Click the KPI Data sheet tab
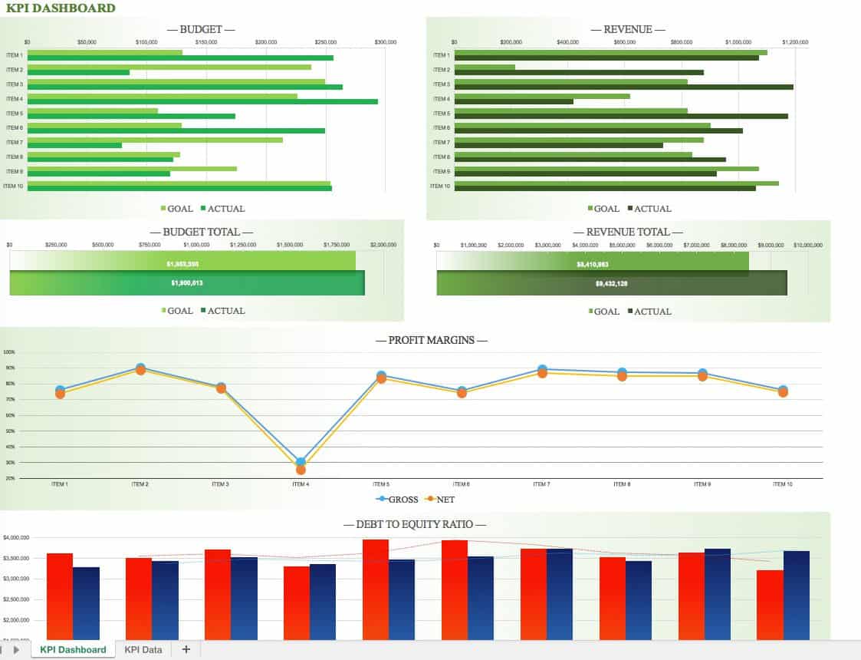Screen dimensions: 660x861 coord(143,650)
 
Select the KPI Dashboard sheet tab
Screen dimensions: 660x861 coord(73,650)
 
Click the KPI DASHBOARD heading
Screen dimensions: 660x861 coord(58,8)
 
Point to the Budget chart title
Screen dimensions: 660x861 coord(201,30)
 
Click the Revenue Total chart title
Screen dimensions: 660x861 coord(628,232)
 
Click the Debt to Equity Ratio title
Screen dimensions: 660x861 coord(415,525)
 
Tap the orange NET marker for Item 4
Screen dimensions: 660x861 coord(301,470)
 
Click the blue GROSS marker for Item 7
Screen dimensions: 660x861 coord(542,369)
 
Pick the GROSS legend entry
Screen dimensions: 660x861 coord(397,500)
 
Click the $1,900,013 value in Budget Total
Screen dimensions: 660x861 coord(187,283)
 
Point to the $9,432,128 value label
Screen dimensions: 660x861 coord(612,284)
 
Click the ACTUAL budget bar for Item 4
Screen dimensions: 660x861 coord(202,101)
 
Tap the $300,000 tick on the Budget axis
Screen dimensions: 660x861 coord(386,42)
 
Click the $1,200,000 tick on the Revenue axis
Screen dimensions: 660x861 coord(795,42)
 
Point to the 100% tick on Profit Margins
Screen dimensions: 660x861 coord(9,352)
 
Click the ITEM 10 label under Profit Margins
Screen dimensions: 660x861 coord(782,484)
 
